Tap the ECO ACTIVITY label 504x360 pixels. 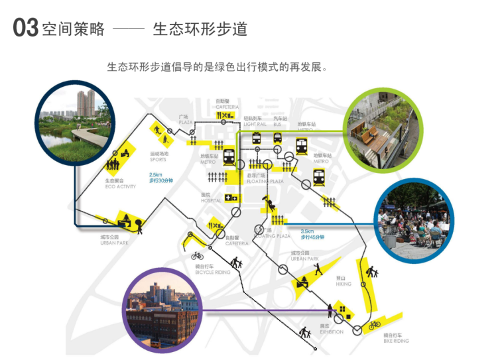pos(120,187)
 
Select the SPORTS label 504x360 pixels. pos(158,160)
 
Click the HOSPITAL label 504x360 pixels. pos(211,200)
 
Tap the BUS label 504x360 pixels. pos(277,124)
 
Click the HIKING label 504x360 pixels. pos(344,284)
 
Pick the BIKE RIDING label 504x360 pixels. pos(396,341)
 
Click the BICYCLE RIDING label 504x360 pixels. pos(213,272)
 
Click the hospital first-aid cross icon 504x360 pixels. pos(231,198)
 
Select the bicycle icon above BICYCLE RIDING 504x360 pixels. pos(198,255)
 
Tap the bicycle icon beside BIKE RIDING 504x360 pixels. pos(375,324)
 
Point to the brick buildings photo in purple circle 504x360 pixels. pos(161,310)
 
